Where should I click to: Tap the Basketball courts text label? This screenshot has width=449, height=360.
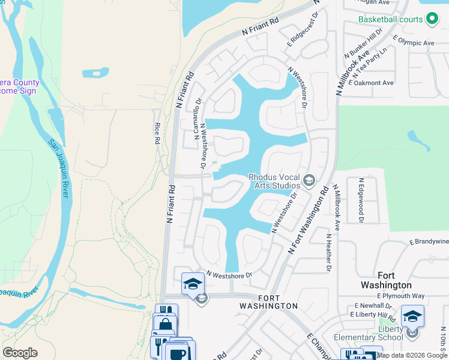click(390, 19)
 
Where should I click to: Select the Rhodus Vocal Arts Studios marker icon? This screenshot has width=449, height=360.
click(309, 180)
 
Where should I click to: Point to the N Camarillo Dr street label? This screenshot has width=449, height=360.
click(196, 119)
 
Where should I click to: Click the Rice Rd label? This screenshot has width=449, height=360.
click(157, 132)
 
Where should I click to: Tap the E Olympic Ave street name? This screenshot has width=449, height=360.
click(414, 43)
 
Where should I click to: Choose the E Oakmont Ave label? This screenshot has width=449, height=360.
click(371, 83)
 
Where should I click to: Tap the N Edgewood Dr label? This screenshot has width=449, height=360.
click(361, 200)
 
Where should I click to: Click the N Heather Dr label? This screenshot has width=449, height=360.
click(329, 253)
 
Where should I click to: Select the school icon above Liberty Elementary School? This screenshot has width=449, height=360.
click(413, 316)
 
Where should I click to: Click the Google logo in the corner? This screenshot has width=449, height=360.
click(20, 353)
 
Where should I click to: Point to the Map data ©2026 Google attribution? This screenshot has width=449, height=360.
click(412, 355)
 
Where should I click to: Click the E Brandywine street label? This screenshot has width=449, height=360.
click(429, 241)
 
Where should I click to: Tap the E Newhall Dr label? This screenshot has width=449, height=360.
click(373, 305)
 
